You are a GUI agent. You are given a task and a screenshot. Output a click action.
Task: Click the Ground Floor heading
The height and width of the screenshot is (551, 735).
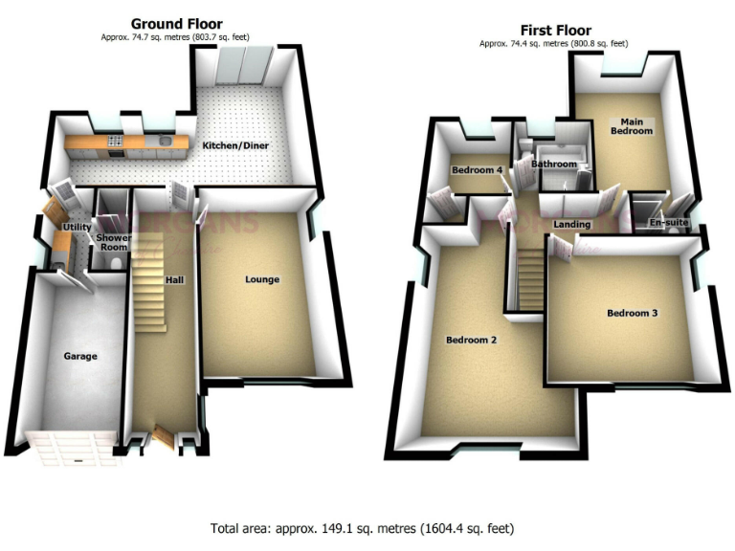176,23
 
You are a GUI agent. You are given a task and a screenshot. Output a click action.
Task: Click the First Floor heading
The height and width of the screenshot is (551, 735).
555,30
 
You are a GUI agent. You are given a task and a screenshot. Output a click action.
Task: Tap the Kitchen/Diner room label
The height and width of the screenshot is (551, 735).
235,145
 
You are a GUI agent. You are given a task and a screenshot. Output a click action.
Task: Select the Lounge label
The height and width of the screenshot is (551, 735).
261,279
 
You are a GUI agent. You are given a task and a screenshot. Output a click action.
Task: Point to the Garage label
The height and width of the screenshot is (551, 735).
81,356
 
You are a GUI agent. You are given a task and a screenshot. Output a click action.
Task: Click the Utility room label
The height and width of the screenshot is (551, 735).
76,227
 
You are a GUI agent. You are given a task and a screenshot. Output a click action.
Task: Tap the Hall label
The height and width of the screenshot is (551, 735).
174,279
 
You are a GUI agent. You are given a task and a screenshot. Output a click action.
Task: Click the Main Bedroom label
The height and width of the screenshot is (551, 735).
631,125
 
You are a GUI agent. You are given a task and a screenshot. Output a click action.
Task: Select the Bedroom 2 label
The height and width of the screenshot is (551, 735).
471,340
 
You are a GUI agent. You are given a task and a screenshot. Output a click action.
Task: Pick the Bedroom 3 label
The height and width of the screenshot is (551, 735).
632,313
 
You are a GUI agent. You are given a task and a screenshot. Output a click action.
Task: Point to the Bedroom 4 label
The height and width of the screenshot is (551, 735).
477,170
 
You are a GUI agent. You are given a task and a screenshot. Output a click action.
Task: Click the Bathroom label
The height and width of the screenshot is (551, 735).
555,164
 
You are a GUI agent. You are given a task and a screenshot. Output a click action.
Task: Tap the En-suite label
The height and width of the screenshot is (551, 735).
668,223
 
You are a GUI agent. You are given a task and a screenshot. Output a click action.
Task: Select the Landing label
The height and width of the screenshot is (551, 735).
572,225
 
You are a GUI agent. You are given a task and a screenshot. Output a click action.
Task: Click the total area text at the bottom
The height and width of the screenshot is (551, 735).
368,527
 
